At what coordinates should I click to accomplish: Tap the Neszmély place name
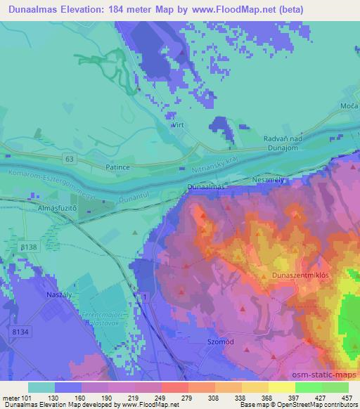[270, 179]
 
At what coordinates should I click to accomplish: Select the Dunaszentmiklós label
[302, 276]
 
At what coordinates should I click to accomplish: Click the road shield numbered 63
[68, 159]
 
